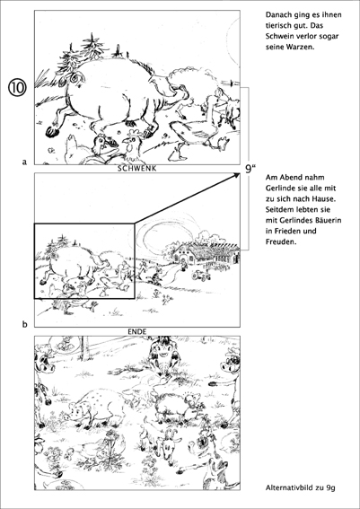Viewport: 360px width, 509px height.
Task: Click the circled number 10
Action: [x=17, y=88]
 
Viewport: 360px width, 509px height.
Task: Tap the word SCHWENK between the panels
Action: [x=137, y=169]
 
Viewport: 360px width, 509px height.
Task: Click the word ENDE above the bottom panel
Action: [x=137, y=332]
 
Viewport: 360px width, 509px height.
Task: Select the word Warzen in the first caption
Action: [x=301, y=47]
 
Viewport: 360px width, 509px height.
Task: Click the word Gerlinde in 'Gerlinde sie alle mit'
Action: [x=278, y=189]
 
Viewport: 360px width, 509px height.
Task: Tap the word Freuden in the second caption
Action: [x=281, y=241]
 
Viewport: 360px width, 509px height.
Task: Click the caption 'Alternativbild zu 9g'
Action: [x=300, y=487]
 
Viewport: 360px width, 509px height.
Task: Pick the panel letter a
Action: [x=24, y=162]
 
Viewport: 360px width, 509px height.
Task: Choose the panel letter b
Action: [x=24, y=324]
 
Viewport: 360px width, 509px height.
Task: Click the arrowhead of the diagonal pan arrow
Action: [x=236, y=176]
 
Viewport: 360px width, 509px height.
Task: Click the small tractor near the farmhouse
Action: [x=201, y=276]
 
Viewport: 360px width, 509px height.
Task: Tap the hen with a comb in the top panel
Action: [x=131, y=145]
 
